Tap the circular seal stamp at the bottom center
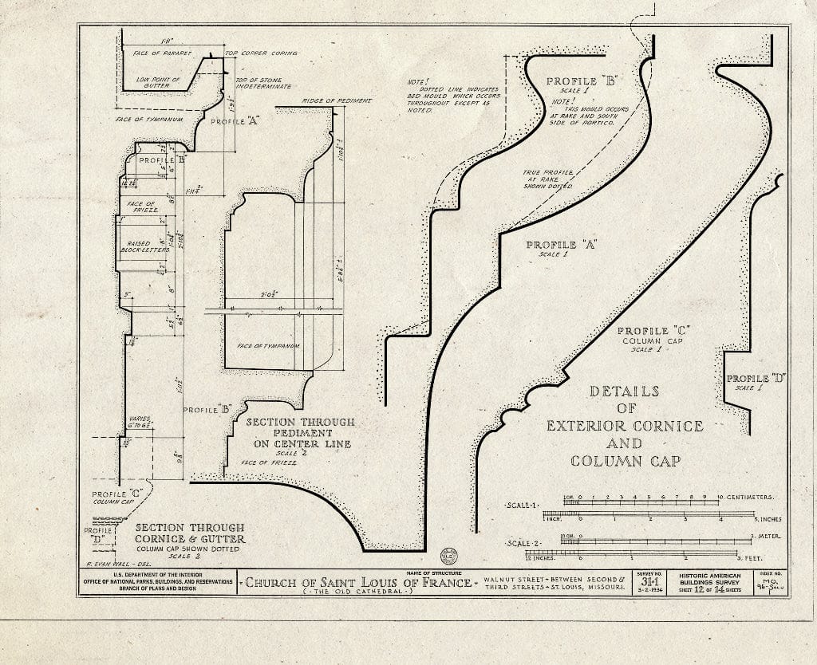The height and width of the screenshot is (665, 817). [x=448, y=556]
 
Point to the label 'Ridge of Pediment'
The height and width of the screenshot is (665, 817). [x=337, y=101]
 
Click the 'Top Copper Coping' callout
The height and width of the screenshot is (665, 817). [x=261, y=53]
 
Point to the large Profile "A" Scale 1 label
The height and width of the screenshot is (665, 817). [x=562, y=248]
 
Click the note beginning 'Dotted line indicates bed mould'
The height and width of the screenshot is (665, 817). [x=452, y=95]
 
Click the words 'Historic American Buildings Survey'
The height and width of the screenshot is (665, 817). [x=709, y=580]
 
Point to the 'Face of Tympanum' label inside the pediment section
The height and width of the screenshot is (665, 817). [x=268, y=345]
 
